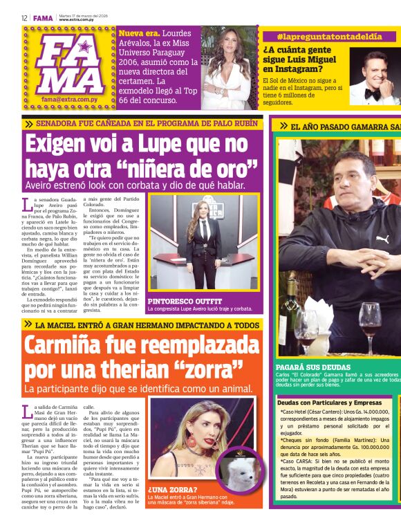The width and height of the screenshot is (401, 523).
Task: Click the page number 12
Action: click(24, 18)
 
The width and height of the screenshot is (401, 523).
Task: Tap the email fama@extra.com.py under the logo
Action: click(68, 99)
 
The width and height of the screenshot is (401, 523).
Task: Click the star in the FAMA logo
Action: click(84, 48)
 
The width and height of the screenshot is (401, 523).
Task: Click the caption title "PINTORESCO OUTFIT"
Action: click(183, 302)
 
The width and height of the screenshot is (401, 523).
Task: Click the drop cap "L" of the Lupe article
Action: click(27, 204)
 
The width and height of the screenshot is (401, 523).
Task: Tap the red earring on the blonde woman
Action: click(171, 440)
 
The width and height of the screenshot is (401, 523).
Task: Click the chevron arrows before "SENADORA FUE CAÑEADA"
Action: click(29, 125)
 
